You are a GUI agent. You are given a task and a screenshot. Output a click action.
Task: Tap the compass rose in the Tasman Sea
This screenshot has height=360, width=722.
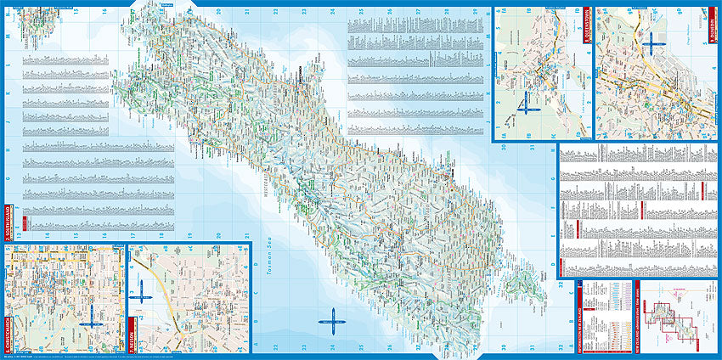330,322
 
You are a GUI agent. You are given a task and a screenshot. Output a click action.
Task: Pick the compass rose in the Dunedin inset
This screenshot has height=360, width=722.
653,42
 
